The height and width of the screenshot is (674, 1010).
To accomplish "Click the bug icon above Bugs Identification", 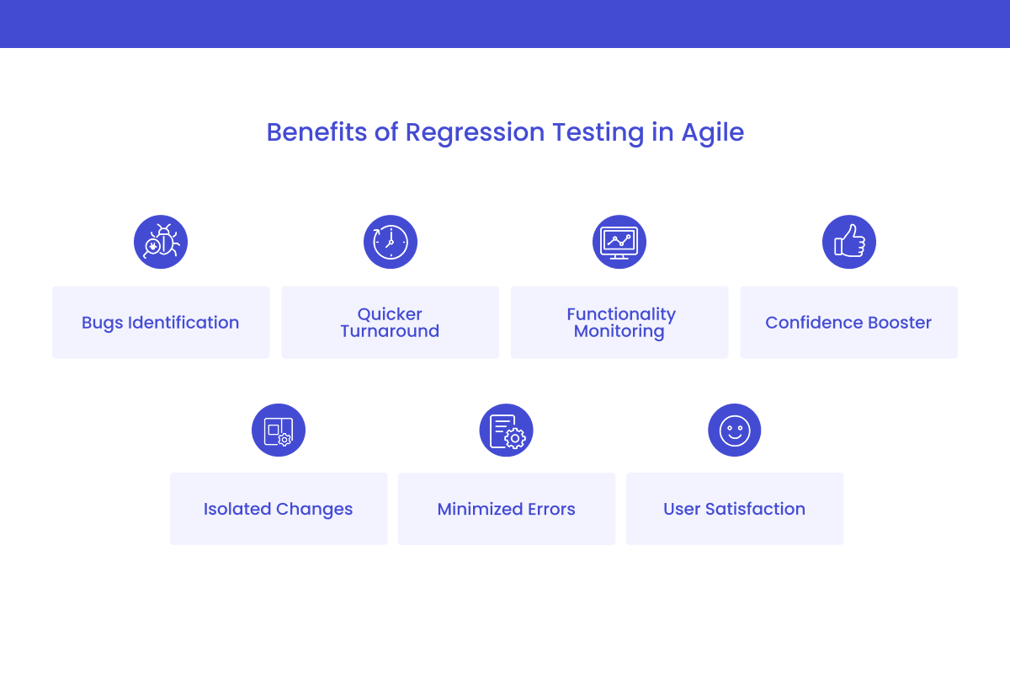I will tap(161, 242).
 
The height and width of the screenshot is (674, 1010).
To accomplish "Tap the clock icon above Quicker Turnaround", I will tap(390, 242).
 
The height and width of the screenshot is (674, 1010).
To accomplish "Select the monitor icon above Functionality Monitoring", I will tap(619, 242).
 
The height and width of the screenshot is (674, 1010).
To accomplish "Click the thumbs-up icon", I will tap(848, 242).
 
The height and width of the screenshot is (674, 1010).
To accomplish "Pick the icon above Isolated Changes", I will tap(279, 431).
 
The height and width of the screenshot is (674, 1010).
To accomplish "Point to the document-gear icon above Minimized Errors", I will tap(507, 431).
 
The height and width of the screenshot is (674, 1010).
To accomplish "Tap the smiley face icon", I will tap(734, 431).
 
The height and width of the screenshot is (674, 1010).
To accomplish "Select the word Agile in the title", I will tap(712, 133).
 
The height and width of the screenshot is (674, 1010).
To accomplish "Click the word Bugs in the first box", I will tap(102, 323).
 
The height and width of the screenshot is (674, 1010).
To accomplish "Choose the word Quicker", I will tap(390, 314).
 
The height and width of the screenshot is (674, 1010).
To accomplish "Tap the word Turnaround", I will tap(390, 331).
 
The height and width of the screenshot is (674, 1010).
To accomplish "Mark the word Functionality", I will tap(621, 314).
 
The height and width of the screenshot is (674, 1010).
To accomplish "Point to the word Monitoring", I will tap(619, 331).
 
